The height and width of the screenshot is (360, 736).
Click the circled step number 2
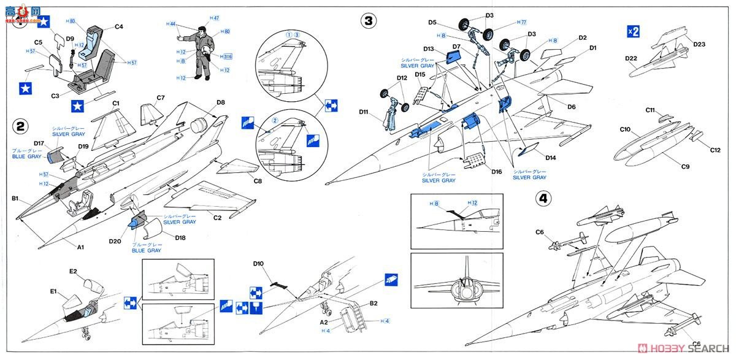[21, 127]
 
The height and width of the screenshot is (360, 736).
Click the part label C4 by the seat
[119, 26]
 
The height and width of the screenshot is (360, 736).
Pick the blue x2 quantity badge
[633, 32]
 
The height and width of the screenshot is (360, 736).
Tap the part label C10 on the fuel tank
[626, 129]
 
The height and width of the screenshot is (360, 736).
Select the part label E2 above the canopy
[73, 271]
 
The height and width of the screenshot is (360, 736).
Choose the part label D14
[550, 158]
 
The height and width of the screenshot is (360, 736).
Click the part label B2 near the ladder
[373, 303]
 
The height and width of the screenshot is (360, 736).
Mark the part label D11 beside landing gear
[364, 112]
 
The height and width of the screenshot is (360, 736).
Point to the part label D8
[221, 102]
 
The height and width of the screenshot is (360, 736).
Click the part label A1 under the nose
[80, 247]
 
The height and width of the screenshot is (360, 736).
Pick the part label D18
[180, 237]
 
